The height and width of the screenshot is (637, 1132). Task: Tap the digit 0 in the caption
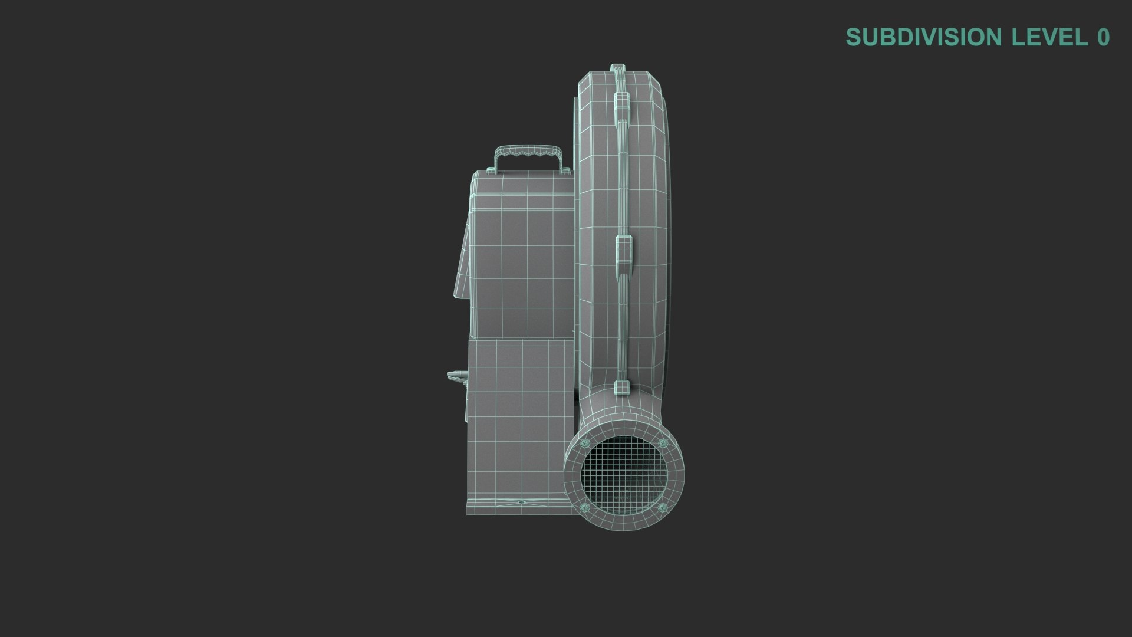[1103, 37]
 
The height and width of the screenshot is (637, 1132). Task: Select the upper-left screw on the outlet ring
[585, 444]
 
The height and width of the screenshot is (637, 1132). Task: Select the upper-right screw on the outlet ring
[664, 444]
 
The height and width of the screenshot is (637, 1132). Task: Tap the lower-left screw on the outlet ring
[585, 508]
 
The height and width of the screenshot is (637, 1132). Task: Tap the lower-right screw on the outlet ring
[664, 508]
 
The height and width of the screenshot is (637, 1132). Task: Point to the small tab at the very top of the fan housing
[617, 67]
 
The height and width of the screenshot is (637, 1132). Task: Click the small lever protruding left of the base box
[456, 375]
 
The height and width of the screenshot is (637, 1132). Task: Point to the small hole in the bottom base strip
[521, 503]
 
